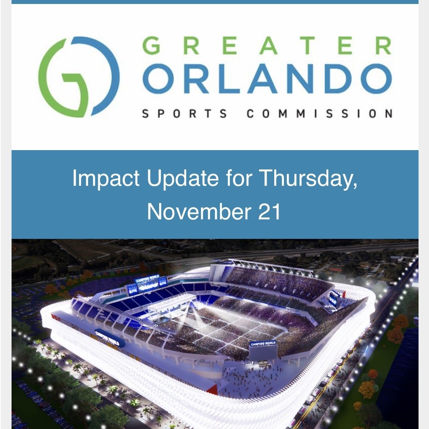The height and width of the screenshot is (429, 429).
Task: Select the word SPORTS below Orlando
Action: [x=184, y=114]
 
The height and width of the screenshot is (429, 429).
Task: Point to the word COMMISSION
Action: [x=319, y=114]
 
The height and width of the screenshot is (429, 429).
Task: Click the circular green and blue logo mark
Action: [x=79, y=76]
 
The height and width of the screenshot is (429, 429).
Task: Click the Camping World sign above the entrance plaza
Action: [x=263, y=344]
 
